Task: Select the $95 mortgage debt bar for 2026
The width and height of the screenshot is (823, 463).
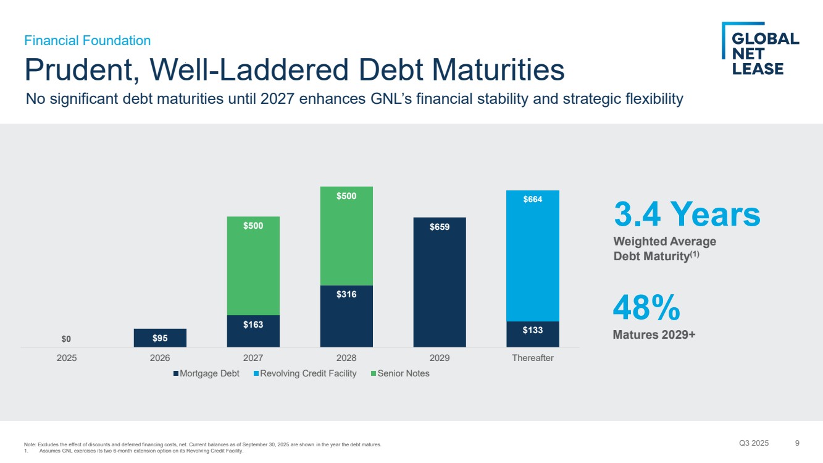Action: [160, 338]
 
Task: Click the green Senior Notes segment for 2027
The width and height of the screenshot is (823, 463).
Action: [253, 266]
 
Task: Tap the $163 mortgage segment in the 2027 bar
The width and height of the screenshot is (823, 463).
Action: [253, 331]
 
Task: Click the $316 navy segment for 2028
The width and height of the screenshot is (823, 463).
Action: [346, 316]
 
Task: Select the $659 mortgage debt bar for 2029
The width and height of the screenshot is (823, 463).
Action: [440, 282]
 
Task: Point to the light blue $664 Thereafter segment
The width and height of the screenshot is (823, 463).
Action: [533, 256]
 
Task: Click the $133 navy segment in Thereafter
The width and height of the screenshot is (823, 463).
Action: [533, 334]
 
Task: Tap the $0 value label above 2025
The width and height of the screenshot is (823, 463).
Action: [67, 339]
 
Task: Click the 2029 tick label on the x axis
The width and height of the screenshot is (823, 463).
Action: [440, 358]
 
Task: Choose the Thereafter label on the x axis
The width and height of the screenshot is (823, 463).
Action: [533, 358]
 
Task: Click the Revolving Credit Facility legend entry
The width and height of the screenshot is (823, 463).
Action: [304, 373]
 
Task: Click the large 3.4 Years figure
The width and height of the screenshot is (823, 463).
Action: [687, 215]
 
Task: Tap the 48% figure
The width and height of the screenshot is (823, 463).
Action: [646, 308]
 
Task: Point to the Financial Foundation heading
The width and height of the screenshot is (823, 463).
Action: [87, 41]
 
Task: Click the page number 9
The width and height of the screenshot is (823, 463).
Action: [797, 443]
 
